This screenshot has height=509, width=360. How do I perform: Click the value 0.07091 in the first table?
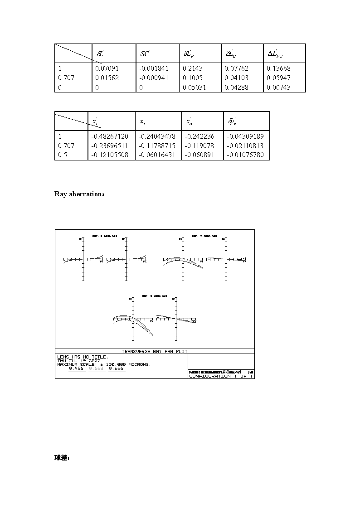[106, 68]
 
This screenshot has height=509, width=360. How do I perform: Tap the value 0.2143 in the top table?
[193, 68]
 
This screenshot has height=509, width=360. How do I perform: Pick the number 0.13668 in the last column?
[279, 68]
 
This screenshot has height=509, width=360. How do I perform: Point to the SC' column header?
[145, 54]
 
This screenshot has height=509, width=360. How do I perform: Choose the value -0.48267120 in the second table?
[110, 136]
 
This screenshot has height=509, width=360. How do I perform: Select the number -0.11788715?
[157, 146]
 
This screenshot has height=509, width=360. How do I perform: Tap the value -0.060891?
[200, 155]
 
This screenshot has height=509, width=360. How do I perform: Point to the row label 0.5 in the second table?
[63, 155]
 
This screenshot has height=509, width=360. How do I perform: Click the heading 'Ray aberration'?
[79, 194]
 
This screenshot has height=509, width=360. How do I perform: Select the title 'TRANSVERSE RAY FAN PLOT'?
[155, 351]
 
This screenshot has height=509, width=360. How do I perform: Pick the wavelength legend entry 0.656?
[116, 368]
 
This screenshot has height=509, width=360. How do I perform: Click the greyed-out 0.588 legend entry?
[96, 368]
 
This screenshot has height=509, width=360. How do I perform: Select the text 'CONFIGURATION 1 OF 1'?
[220, 376]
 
